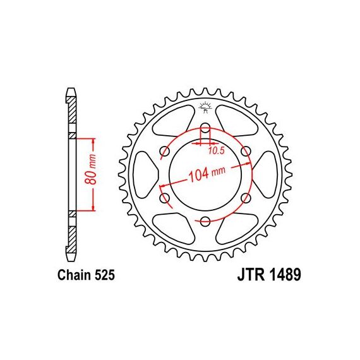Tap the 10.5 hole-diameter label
[x=216, y=150]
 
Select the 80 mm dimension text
[x=90, y=169]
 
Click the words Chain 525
[x=86, y=275]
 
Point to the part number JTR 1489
[x=269, y=275]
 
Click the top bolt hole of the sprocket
[x=205, y=128]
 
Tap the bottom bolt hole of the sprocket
[x=205, y=222]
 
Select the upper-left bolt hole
[x=164, y=152]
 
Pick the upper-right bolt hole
[x=246, y=152]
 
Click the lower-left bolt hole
[x=164, y=198]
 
